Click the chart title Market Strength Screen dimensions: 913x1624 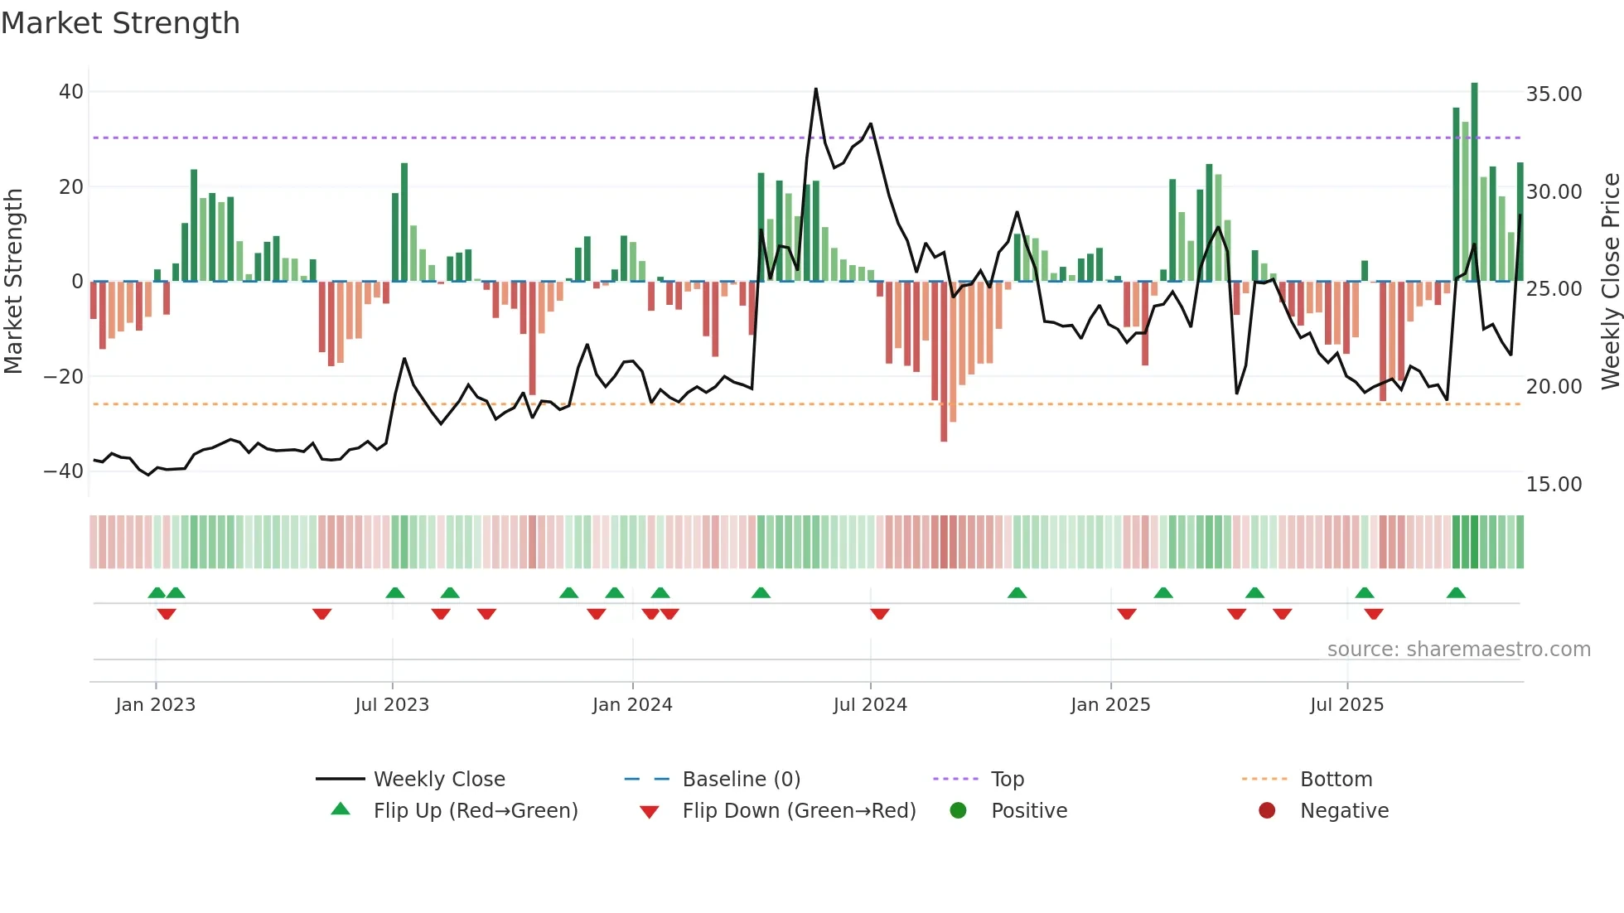tap(120, 23)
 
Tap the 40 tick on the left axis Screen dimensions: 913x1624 tap(71, 92)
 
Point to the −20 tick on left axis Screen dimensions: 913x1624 tap(64, 377)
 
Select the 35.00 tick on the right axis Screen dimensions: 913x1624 tap(1554, 94)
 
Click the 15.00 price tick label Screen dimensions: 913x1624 tap(1554, 485)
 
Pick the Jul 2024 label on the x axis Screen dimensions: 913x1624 tap(870, 705)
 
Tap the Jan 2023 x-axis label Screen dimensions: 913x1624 tap(156, 705)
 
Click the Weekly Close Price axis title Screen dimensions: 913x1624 tap(1610, 282)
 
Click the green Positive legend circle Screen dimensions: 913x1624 tap(959, 811)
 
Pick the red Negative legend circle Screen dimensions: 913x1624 tap(1267, 811)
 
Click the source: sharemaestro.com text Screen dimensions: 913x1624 tap(1458, 650)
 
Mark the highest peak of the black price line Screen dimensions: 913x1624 tap(815, 89)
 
